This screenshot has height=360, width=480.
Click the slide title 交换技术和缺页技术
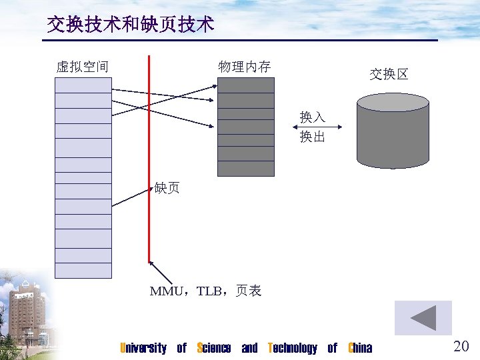tap(131, 25)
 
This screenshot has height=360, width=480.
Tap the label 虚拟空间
tap(83, 67)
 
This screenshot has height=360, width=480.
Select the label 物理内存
tap(245, 67)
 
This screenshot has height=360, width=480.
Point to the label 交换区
tap(389, 74)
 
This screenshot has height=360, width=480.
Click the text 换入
tap(313, 117)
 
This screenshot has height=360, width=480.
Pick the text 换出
tap(313, 137)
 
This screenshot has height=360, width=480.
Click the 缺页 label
tap(167, 188)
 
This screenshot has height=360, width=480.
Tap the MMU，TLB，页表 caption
tap(205, 291)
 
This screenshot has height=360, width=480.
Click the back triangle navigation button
tap(423, 318)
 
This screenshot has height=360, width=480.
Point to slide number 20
tap(461, 345)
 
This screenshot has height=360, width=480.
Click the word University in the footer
tap(143, 348)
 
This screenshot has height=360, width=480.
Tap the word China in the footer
tap(361, 348)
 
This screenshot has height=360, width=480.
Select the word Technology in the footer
tap(293, 348)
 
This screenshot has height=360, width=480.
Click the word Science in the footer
tap(214, 348)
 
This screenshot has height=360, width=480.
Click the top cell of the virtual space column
tap(83, 85)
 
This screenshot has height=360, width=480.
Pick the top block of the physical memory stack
tap(246, 85)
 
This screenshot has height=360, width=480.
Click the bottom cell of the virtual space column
tap(83, 270)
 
